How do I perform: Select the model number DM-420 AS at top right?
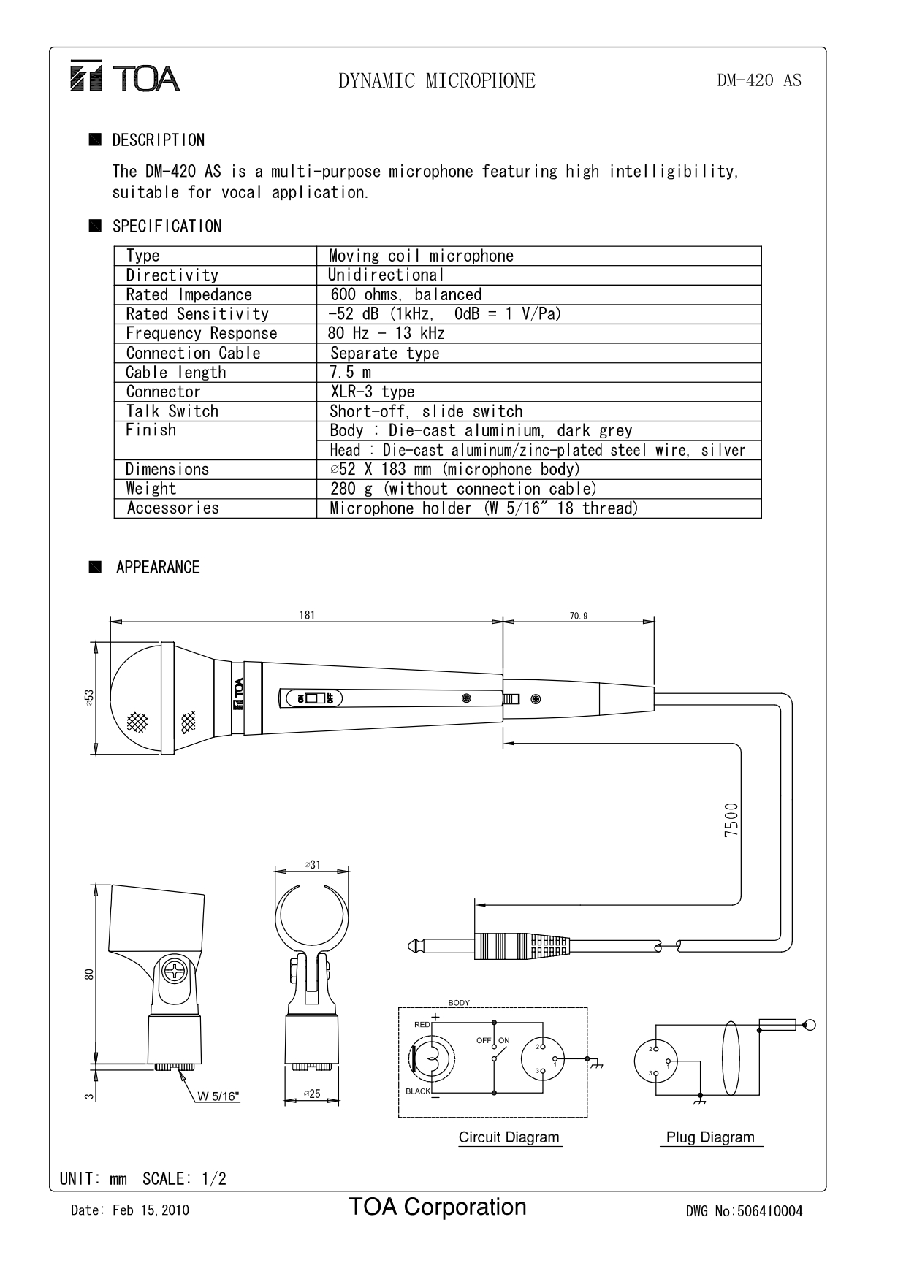758,80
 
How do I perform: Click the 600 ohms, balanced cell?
406,294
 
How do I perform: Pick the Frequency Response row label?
201,333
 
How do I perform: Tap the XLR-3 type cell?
372,392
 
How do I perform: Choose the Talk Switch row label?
172,411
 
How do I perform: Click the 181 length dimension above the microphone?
307,615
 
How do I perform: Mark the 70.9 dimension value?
578,616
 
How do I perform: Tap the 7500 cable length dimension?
731,820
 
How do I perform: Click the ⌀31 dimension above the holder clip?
312,864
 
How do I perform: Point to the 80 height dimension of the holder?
89,974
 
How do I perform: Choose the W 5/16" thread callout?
218,1096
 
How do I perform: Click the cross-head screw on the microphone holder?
176,972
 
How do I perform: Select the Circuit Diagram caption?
509,1137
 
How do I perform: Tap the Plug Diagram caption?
710,1137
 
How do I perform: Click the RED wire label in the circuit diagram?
422,1024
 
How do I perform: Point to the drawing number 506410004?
769,1211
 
